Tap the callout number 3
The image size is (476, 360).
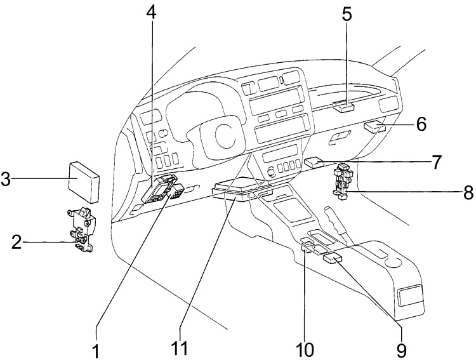pos(6,179)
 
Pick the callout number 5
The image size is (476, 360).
pos(347,14)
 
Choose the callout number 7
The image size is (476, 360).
pos(436,162)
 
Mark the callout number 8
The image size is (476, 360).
pos(468,192)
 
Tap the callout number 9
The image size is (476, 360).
pos(400,349)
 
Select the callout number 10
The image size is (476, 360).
pos(304,349)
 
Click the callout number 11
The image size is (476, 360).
pos(180,349)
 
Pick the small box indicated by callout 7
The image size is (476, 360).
pos(314,163)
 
